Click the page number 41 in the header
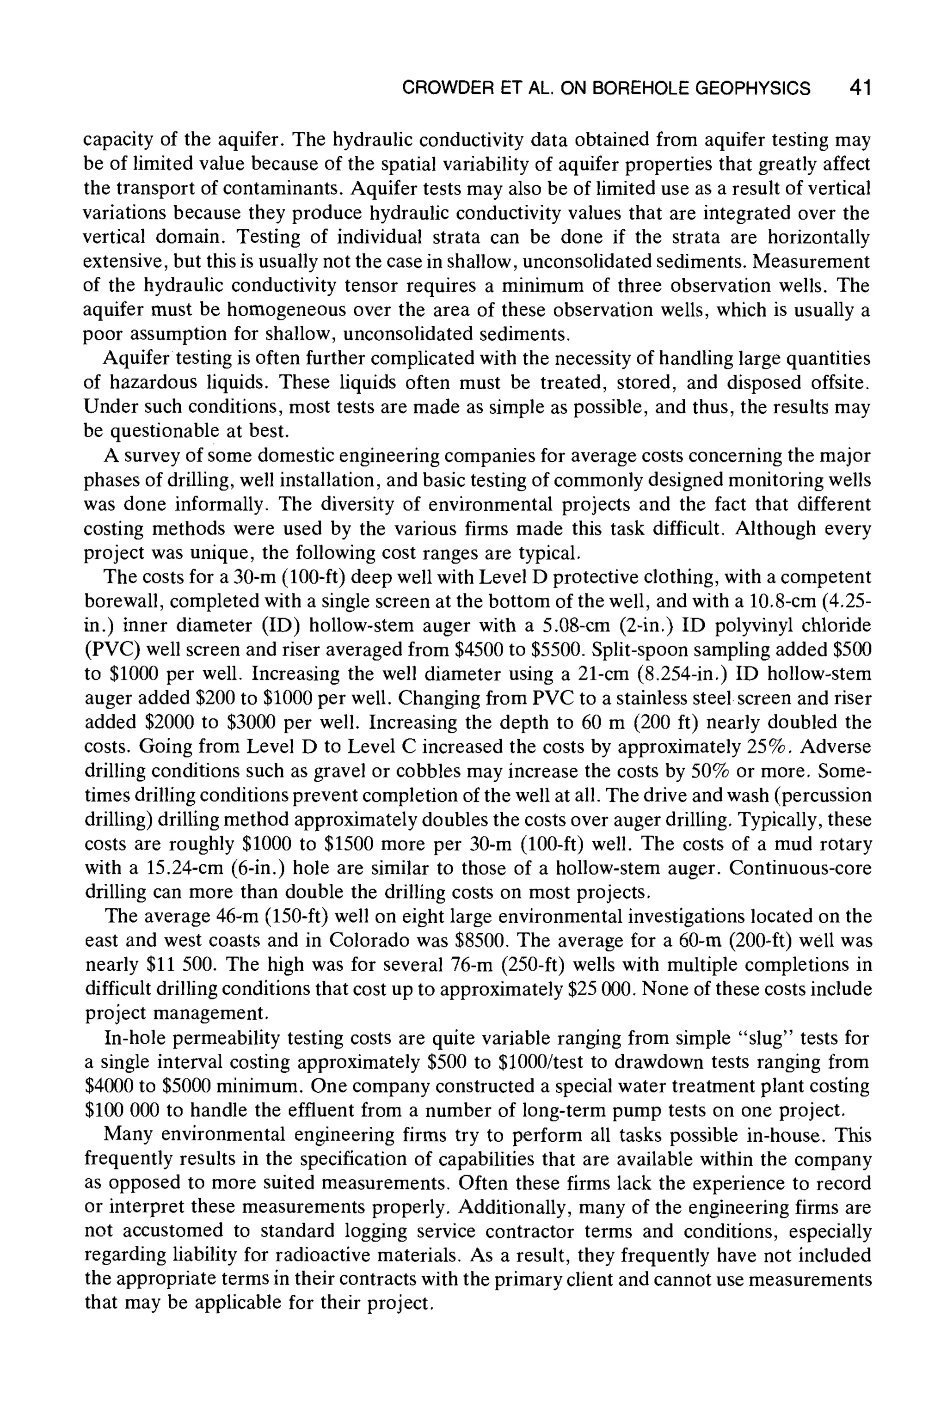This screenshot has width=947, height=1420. [x=860, y=89]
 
